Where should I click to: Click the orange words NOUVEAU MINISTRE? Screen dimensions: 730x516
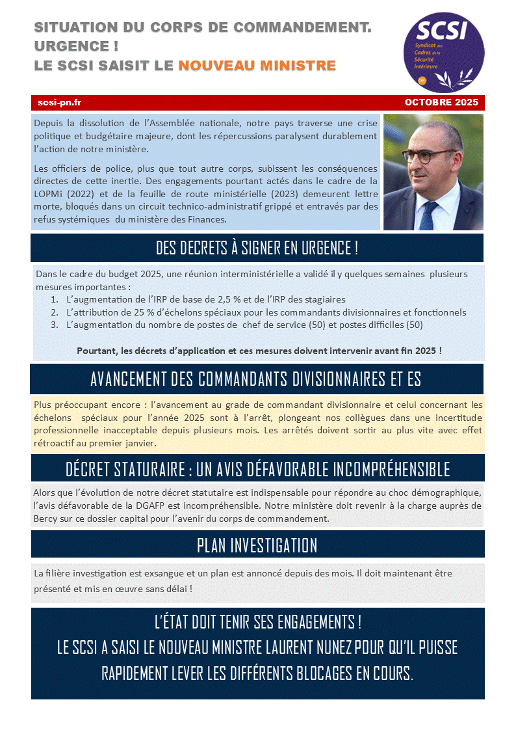[257, 66]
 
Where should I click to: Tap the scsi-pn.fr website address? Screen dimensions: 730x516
[59, 102]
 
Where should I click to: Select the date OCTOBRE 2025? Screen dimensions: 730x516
[441, 102]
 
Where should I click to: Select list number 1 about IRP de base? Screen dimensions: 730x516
[206, 300]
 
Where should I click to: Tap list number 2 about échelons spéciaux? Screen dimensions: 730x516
[266, 312]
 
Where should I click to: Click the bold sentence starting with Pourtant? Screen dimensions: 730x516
[259, 350]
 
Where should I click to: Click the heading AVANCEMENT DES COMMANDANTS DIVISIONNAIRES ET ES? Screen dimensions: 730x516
[255, 379]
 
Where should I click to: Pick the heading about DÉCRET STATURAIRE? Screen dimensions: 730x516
[257, 468]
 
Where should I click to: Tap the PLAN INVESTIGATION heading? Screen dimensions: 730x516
[257, 545]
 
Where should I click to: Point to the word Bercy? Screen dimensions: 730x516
[47, 519]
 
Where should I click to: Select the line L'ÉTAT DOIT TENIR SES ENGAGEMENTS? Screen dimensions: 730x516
[257, 622]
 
